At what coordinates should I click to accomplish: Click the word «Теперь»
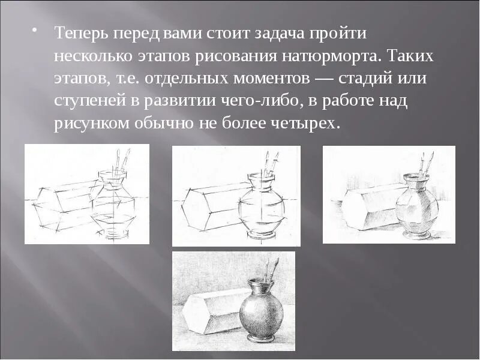coord(79,34)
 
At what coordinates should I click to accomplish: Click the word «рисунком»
coord(89,124)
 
